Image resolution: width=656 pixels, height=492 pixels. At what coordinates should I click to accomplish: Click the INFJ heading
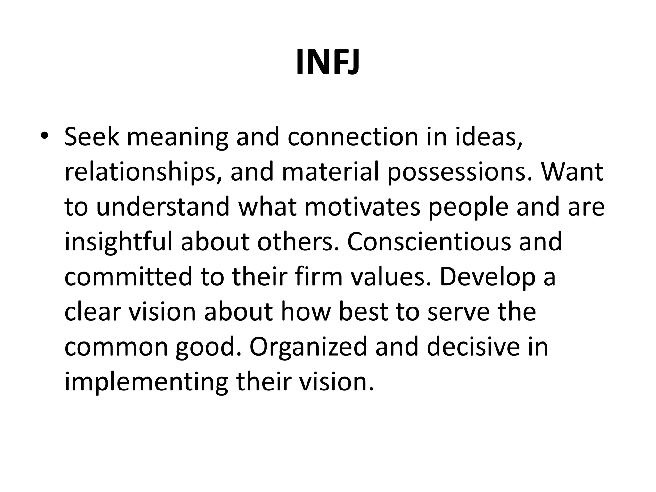[x=328, y=62]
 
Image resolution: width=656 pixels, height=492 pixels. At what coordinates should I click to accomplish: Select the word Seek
[x=92, y=137]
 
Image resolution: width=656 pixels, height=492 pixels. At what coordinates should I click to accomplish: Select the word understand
[x=163, y=207]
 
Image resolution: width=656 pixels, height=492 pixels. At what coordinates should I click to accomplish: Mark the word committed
[x=128, y=277]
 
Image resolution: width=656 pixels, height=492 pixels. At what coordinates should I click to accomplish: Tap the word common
[x=116, y=348]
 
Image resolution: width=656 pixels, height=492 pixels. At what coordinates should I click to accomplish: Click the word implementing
[x=146, y=383]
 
